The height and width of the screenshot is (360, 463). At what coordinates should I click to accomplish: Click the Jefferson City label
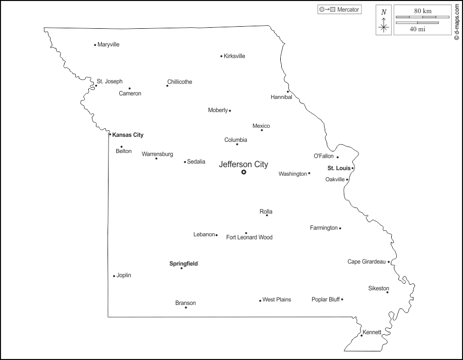[243, 164]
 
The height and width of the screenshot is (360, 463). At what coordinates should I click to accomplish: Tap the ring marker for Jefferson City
[244, 172]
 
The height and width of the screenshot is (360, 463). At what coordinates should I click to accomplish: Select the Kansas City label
[128, 135]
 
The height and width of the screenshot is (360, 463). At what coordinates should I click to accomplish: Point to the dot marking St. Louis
[353, 168]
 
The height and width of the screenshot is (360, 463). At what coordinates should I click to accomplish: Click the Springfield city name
[183, 264]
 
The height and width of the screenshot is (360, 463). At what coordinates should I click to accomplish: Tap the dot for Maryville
[95, 45]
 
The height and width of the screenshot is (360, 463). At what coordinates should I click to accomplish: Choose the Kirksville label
[234, 56]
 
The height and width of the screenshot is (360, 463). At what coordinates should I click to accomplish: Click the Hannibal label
[281, 97]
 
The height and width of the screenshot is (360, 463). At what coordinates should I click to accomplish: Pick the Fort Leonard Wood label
[249, 237]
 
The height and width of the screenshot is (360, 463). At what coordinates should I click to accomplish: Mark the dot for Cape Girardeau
[389, 262]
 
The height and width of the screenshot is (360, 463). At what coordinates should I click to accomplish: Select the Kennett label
[372, 332]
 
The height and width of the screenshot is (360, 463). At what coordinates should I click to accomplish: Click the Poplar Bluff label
[326, 299]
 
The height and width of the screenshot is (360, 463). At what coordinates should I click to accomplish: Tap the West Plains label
[277, 299]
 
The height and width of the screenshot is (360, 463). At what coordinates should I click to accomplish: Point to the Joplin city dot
[114, 276]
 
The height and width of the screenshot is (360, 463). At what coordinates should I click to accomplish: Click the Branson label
[185, 303]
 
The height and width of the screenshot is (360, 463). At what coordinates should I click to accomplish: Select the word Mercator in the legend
[348, 10]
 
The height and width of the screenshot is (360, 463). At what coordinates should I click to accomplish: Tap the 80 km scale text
[422, 11]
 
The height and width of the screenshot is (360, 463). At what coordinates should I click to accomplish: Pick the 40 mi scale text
[417, 29]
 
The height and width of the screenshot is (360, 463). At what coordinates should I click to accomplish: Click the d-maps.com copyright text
[456, 20]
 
